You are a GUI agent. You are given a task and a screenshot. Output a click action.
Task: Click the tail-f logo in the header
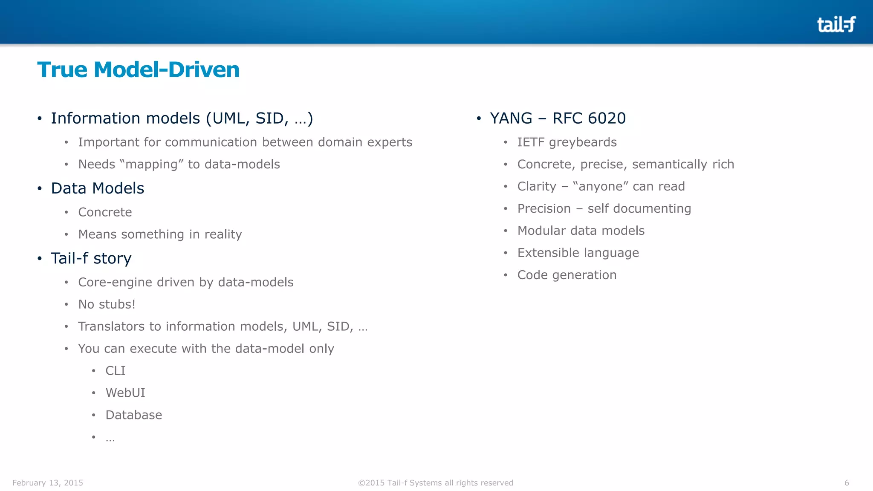[x=836, y=25]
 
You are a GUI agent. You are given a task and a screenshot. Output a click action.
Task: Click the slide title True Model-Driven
[x=138, y=69]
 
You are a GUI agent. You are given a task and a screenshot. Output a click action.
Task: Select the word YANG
[x=511, y=118]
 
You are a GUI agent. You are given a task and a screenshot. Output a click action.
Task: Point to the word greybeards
[x=583, y=142]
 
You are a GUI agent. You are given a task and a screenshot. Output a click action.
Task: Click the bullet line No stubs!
[x=107, y=304]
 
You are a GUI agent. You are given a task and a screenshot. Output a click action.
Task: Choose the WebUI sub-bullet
[x=125, y=393]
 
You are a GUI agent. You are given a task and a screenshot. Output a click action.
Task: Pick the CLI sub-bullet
[x=116, y=370]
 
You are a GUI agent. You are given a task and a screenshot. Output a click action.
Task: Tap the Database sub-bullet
[x=134, y=415]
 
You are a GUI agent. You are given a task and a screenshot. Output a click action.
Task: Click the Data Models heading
[x=98, y=188]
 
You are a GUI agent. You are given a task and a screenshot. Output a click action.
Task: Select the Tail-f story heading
[x=91, y=258]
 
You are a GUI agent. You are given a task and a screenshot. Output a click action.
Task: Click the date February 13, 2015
[x=48, y=483]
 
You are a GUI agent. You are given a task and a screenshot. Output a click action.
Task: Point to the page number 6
[x=847, y=483]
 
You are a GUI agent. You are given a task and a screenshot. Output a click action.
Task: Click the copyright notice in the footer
[x=436, y=483]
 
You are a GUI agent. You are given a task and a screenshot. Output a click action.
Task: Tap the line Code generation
[x=567, y=275]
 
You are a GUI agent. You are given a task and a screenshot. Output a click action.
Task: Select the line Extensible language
[x=578, y=253]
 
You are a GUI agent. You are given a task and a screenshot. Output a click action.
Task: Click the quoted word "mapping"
[x=151, y=165]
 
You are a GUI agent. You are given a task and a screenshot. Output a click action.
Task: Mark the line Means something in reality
[x=160, y=234]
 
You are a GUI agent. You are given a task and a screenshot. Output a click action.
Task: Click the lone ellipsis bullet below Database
[x=110, y=438]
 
